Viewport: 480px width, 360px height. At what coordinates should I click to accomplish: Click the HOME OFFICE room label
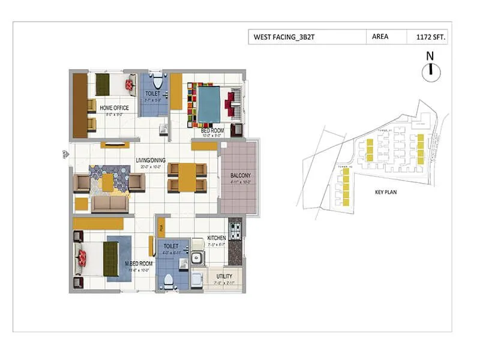pyautogui.click(x=114, y=108)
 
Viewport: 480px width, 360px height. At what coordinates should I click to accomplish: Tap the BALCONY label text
pyautogui.click(x=240, y=176)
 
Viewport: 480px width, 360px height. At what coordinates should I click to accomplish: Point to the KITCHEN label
pyautogui.click(x=217, y=238)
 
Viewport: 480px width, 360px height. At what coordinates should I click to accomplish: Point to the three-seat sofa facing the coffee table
pyautogui.click(x=110, y=204)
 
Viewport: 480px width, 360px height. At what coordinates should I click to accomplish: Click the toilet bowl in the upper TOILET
pyautogui.click(x=157, y=82)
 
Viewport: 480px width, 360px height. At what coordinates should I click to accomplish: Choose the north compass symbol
pyautogui.click(x=429, y=70)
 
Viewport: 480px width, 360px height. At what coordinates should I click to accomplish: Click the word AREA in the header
pyautogui.click(x=380, y=37)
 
